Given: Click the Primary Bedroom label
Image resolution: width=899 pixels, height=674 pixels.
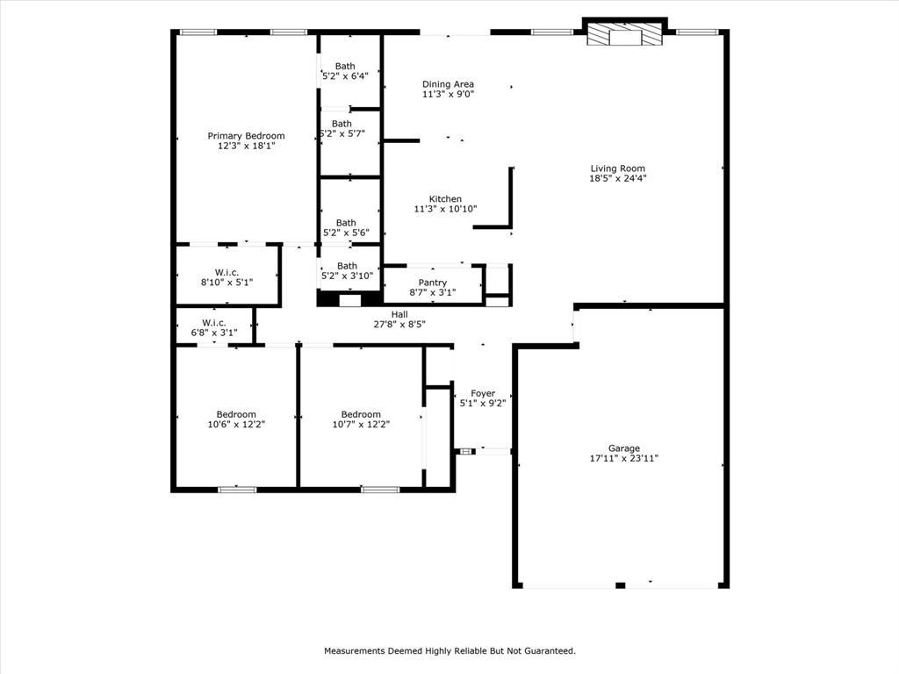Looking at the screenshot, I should click(x=246, y=136).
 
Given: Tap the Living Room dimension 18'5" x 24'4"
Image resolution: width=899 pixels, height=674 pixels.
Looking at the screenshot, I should click(x=618, y=179).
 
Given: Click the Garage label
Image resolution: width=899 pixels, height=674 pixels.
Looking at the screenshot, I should click(x=624, y=448).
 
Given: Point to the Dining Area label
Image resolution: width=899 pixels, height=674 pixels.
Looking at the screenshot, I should click(x=448, y=84).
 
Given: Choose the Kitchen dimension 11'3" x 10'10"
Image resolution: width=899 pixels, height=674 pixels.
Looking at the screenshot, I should click(x=445, y=210).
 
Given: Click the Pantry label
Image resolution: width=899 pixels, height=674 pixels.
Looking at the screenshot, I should click(x=432, y=282).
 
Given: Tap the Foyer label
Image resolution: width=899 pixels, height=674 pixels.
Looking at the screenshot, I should click(x=483, y=393).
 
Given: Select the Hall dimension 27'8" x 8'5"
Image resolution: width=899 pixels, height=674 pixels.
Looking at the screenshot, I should click(x=399, y=325).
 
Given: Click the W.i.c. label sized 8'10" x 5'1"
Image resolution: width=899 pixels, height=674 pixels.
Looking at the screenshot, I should click(x=227, y=272).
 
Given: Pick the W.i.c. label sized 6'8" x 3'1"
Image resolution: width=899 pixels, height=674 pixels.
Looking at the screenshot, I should click(x=214, y=321).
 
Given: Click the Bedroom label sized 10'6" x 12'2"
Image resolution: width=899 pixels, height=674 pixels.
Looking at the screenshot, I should click(x=236, y=414).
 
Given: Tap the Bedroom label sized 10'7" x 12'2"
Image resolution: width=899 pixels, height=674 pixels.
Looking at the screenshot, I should click(x=361, y=414).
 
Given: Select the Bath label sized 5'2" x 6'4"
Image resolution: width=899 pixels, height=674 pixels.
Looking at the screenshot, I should click(x=345, y=66).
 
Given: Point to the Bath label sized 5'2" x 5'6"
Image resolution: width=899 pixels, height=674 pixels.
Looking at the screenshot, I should click(x=346, y=223).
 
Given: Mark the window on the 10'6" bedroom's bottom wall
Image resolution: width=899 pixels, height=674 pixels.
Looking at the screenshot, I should click(x=237, y=489).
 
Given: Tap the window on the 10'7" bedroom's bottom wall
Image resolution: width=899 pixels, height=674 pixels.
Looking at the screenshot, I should click(x=379, y=489).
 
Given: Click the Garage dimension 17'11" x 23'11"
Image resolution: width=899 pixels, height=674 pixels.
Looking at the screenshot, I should click(x=624, y=458).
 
